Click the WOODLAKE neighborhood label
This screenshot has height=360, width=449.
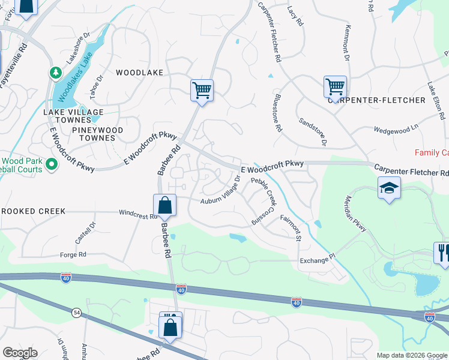click(x=139, y=73)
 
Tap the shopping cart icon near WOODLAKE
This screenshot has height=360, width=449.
click(x=202, y=91)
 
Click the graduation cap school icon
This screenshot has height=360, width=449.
click(x=389, y=188)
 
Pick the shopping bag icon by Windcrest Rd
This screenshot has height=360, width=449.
click(x=164, y=206)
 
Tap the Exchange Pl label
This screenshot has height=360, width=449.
click(x=316, y=260)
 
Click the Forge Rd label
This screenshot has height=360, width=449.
click(x=74, y=255)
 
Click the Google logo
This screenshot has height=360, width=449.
click(x=20, y=353)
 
